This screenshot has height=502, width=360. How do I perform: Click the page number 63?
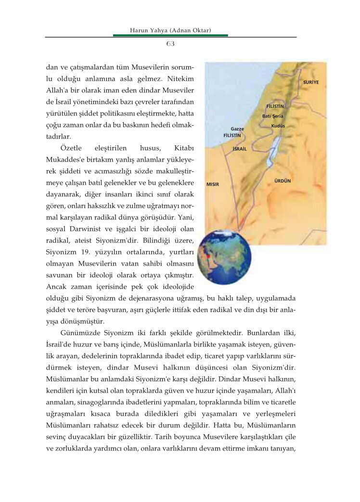click(x=170, y=44)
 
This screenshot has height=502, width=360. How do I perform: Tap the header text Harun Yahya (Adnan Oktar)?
click(x=171, y=30)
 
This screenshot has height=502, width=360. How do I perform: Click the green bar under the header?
click(x=170, y=36)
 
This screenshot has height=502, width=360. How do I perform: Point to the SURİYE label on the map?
click(x=311, y=82)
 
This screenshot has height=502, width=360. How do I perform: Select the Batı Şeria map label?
click(x=272, y=116)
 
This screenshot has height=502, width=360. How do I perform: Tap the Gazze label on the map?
click(x=237, y=129)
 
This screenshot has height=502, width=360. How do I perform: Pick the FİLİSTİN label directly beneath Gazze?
click(x=232, y=136)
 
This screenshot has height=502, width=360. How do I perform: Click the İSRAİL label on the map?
click(x=239, y=149)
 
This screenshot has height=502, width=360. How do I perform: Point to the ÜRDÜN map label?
click(x=283, y=180)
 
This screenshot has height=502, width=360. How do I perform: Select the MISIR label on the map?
click(x=212, y=184)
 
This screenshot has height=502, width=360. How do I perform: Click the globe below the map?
click(x=224, y=256)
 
